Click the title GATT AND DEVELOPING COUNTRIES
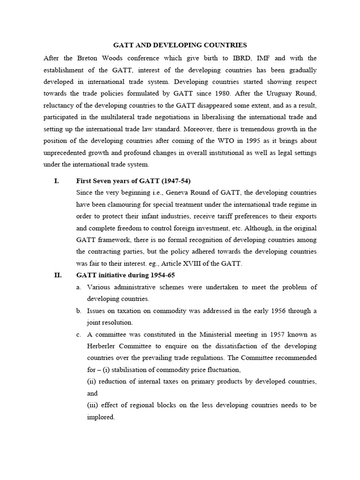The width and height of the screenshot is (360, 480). [x=180, y=45]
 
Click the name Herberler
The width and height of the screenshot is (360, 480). [x=103, y=346]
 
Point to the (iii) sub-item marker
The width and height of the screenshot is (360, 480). [x=93, y=405]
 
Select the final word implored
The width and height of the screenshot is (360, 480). [x=101, y=417]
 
